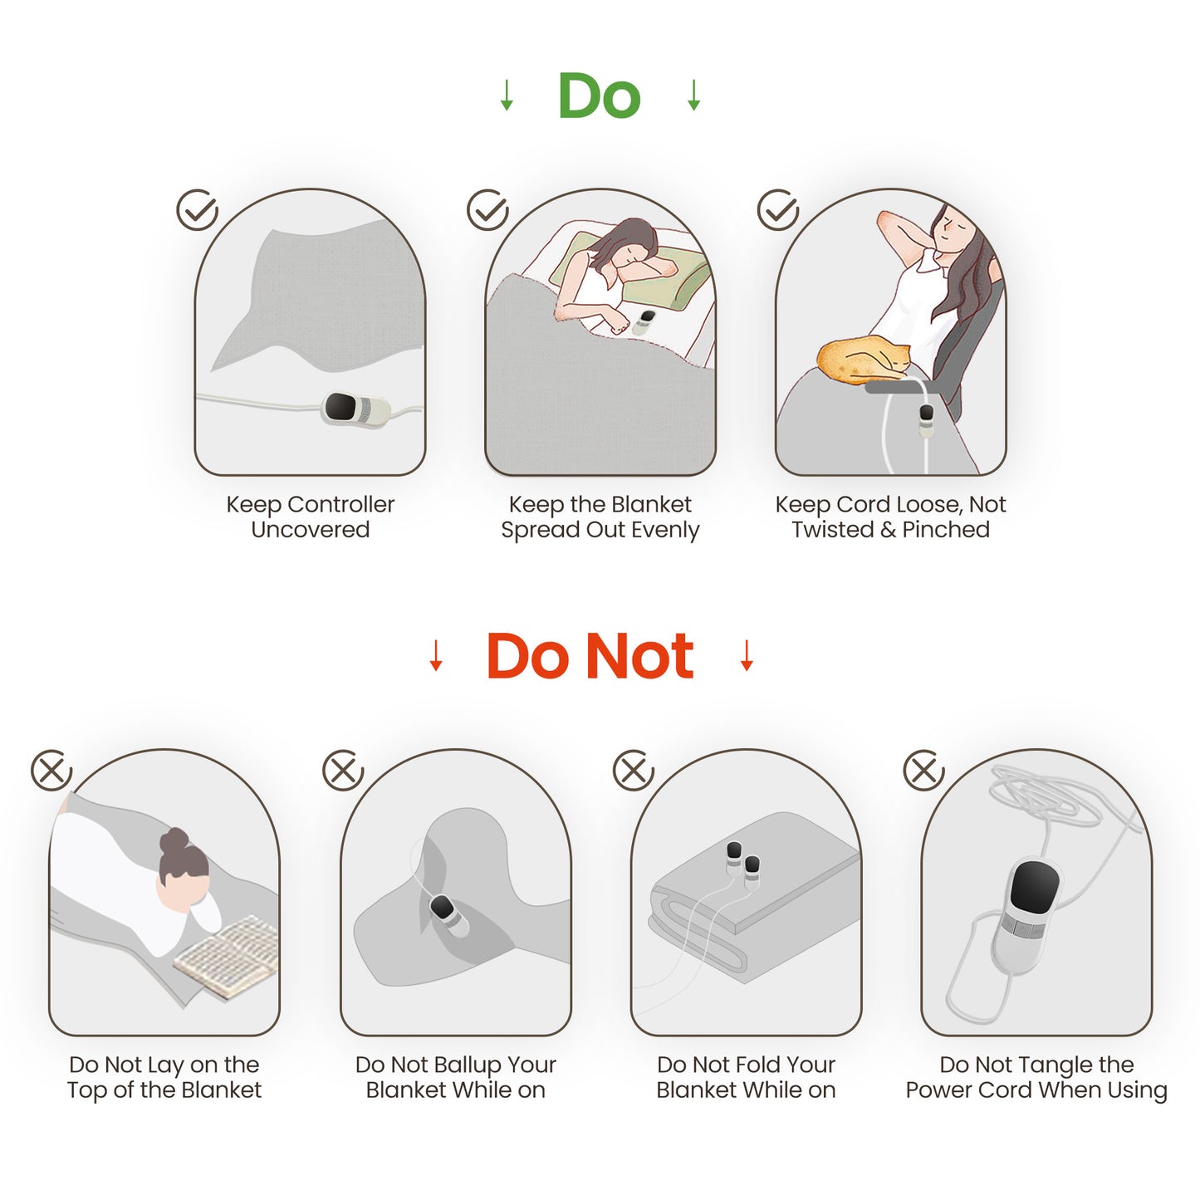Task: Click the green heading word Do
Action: (x=599, y=96)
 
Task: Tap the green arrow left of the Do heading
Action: (x=507, y=96)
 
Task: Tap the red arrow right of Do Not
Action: (x=747, y=656)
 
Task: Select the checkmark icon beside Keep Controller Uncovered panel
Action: (x=197, y=210)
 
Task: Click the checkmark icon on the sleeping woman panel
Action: (x=487, y=210)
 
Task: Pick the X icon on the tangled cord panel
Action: (x=923, y=771)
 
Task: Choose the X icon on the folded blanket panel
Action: (x=634, y=771)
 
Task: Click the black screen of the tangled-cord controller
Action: (x=1034, y=885)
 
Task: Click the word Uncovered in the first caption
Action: (x=310, y=530)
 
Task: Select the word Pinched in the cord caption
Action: (x=946, y=530)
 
